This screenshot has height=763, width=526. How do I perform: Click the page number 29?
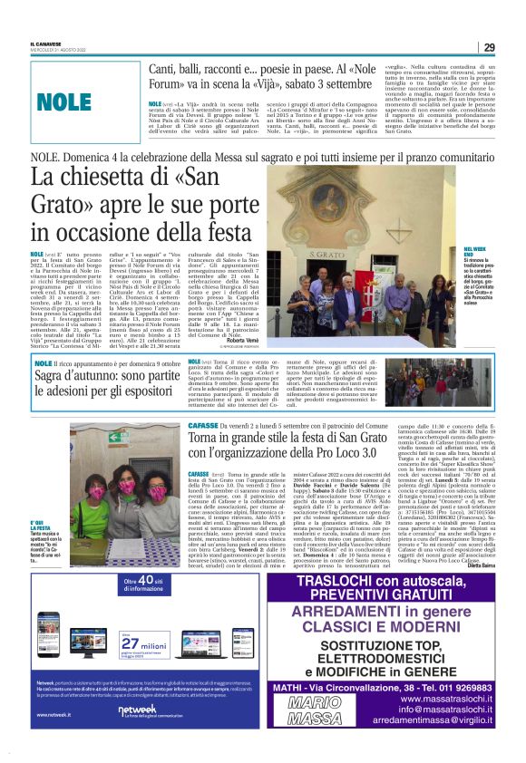coord(488,47)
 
